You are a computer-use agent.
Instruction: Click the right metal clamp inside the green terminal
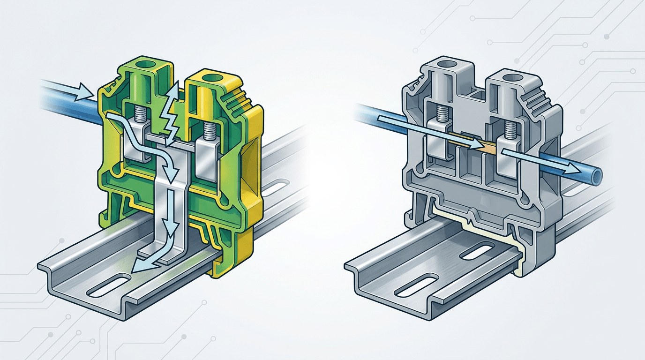(206, 157)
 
